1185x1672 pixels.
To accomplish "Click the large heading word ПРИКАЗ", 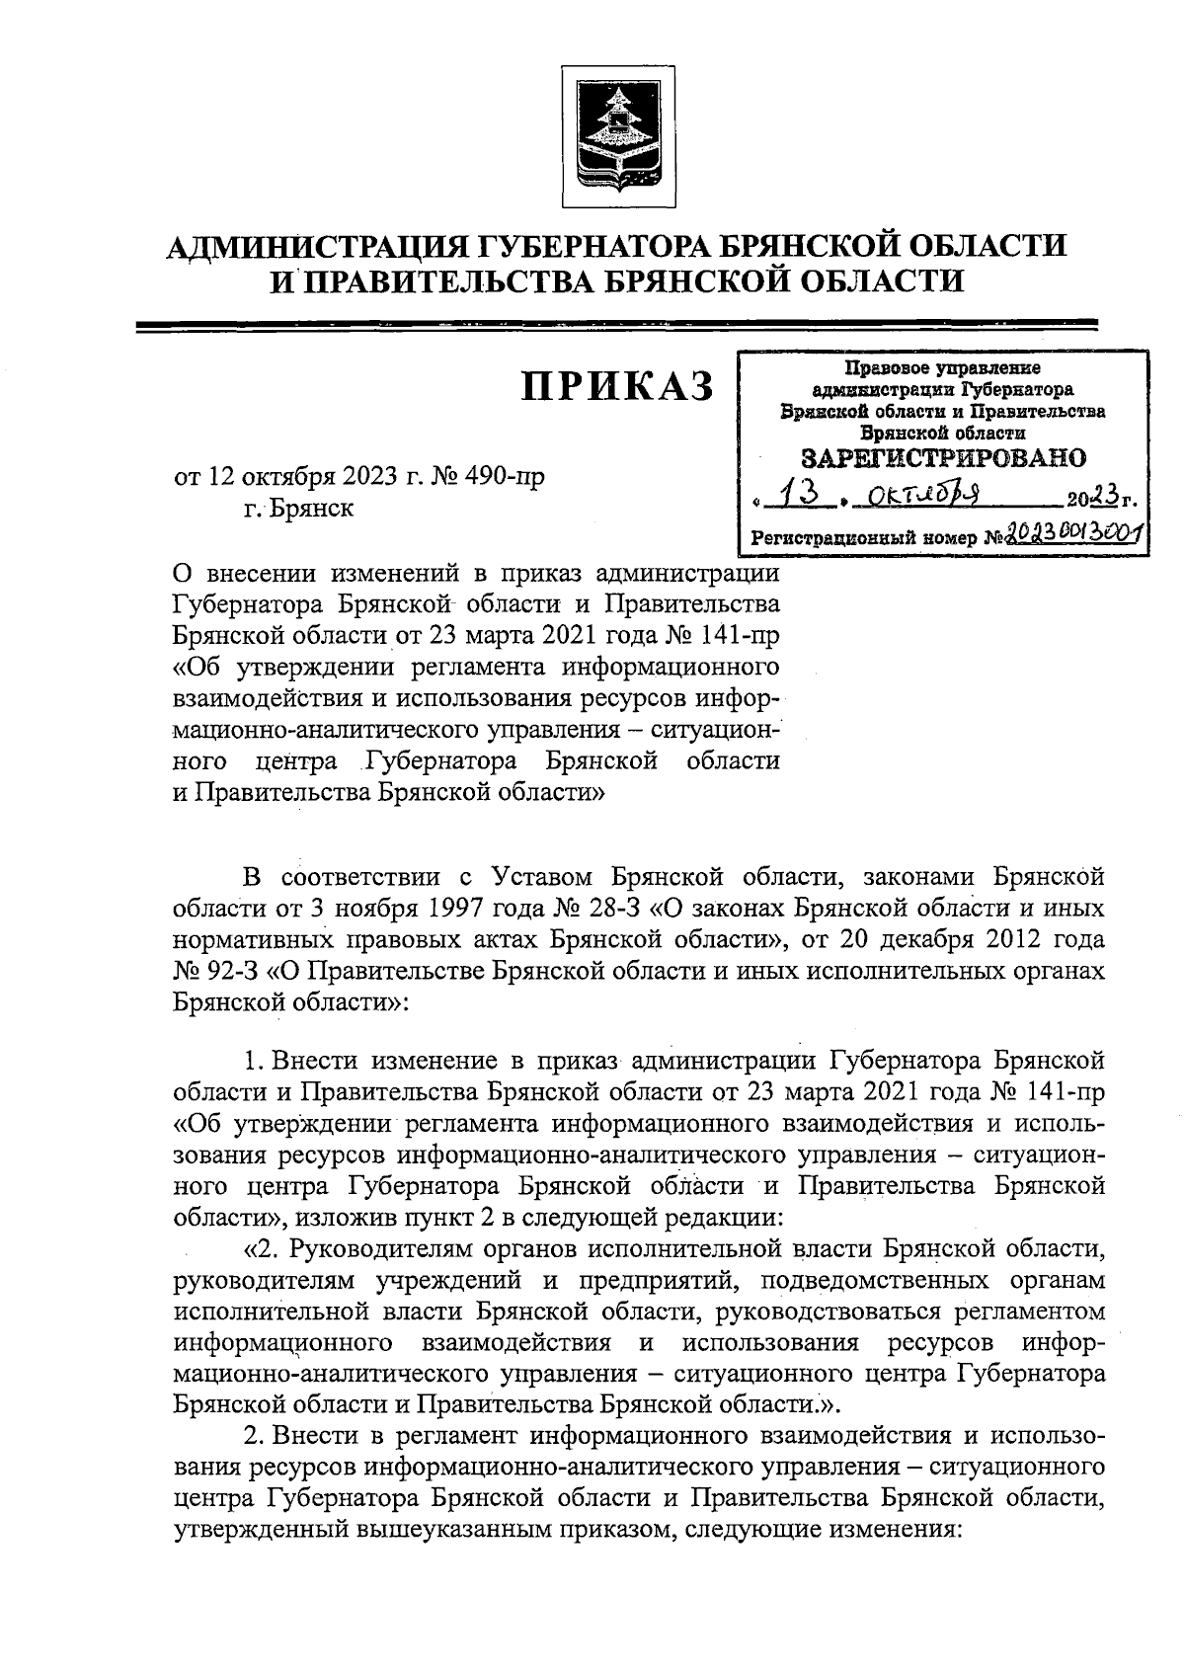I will [617, 387].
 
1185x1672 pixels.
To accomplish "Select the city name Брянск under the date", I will [295, 510].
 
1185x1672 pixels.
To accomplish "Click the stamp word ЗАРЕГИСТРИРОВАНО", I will [943, 457].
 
